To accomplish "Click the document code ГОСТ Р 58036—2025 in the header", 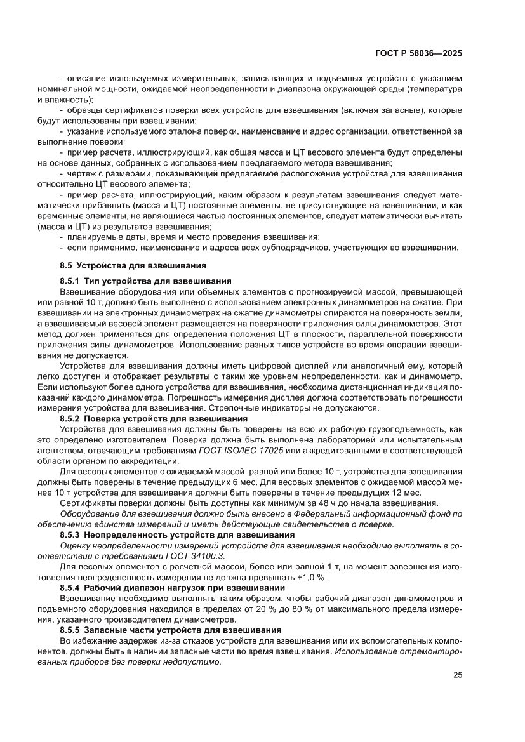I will coord(419,54).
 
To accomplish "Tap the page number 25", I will coord(457,675).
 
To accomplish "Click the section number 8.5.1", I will coord(69,281).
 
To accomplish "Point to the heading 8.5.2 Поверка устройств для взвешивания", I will coord(149,418).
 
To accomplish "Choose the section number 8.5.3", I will coord(69,535).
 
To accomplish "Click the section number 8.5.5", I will coord(69,630).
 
